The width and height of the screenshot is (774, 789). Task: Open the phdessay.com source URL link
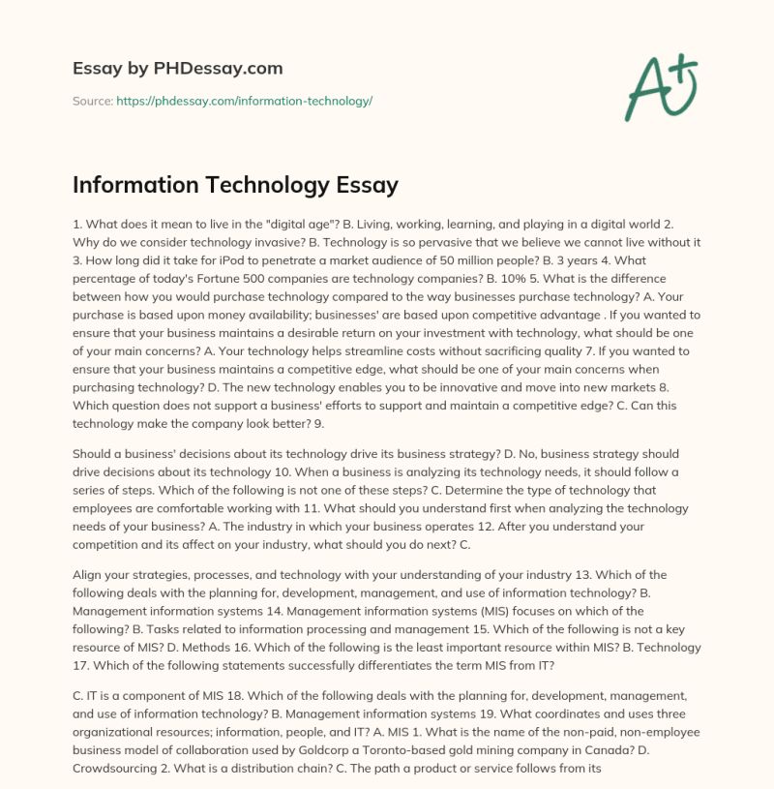[244, 101]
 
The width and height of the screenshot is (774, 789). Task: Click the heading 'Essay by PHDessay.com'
[178, 68]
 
